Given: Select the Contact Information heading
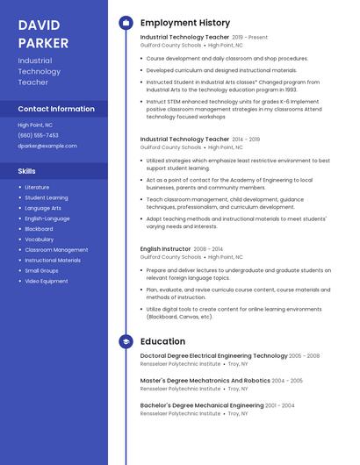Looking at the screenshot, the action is coord(56,109).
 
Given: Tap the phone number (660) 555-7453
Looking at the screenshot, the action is coord(38,135).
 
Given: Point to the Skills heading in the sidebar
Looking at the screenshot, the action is coord(27,171).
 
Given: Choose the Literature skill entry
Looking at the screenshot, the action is coord(37,187).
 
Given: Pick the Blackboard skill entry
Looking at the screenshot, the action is coord(39,229).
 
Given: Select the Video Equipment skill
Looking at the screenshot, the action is coord(46,282).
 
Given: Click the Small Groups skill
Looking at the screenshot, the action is coord(41,271).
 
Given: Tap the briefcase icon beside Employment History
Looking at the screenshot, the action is coord(126,23).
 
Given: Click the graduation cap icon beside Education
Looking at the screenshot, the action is coord(126,341).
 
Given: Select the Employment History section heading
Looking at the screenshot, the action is coord(184,23).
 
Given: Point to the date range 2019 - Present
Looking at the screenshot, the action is coord(250,38).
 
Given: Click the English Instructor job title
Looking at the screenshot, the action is coord(165,249).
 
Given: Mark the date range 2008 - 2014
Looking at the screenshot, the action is coord(208,249).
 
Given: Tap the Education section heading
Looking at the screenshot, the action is coord(162,341).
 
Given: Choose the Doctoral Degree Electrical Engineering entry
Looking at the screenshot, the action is coord(213,356).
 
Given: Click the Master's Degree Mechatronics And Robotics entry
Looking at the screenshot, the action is coord(205,381).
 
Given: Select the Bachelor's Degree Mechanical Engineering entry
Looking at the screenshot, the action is coord(201,405).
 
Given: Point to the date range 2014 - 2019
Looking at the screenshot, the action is coord(246,139).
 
